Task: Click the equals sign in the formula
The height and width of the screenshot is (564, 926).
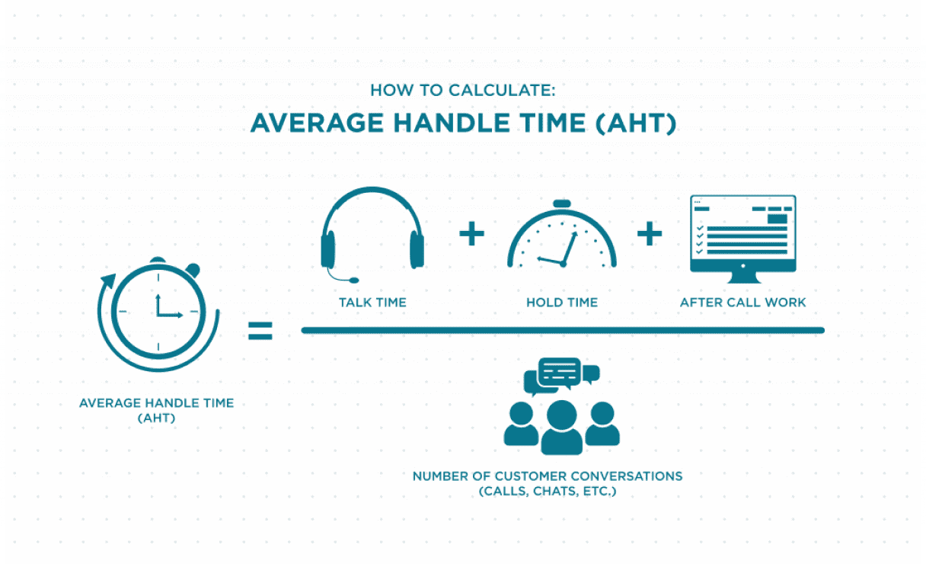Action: (260, 331)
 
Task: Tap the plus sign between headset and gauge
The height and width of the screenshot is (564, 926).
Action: (471, 234)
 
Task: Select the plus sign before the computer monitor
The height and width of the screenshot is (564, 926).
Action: (650, 234)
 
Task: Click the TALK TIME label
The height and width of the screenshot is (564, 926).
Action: (372, 303)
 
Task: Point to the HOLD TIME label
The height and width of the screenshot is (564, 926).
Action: (562, 303)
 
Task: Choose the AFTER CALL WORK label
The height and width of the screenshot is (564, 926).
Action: (743, 303)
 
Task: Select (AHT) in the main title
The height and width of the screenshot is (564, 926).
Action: (636, 123)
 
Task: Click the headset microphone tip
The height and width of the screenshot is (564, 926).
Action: (354, 280)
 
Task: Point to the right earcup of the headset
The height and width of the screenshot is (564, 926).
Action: (417, 249)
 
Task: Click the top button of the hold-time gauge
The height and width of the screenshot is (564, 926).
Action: (562, 203)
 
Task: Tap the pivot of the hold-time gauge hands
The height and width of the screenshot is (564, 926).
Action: (563, 264)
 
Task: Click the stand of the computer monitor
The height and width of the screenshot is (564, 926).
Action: (743, 277)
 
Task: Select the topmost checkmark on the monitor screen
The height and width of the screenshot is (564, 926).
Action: (700, 228)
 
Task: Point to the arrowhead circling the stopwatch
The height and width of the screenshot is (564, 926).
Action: (108, 281)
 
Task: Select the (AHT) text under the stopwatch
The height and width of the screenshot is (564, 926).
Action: (156, 418)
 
